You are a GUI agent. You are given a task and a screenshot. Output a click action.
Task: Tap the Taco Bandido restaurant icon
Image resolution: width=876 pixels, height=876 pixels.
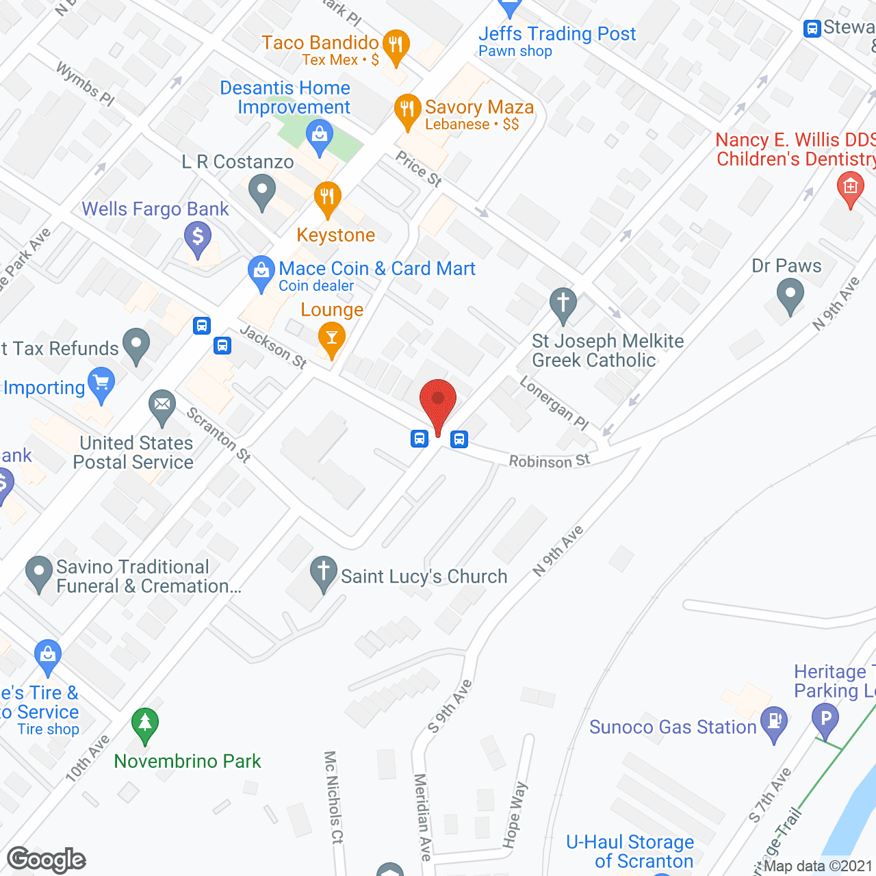(396, 46)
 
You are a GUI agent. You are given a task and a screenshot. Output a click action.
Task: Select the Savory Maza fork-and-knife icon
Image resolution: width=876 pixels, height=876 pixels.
(407, 110)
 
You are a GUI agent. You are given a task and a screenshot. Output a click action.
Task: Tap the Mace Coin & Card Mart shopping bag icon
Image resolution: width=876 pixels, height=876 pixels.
(261, 272)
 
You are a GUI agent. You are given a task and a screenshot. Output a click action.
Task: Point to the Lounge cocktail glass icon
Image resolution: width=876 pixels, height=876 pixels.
(332, 339)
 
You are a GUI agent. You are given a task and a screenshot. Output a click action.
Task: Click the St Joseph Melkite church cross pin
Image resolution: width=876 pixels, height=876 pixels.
(563, 304)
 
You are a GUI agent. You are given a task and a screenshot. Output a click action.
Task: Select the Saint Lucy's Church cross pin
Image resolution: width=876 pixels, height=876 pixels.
(323, 573)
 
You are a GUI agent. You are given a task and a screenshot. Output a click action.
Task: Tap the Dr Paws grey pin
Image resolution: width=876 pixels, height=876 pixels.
(790, 296)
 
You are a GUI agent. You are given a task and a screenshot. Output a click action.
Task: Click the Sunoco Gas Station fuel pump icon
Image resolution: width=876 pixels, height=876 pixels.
(775, 723)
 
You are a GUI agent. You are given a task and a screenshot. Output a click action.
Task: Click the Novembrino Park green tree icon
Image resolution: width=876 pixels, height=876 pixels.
(145, 724)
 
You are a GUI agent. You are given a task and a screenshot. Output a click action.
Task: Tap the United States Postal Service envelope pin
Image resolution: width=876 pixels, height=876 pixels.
(162, 407)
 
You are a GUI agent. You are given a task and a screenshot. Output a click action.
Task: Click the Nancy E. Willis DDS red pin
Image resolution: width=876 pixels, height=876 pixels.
(850, 188)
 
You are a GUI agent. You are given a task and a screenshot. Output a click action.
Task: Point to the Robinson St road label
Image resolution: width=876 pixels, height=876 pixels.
(549, 461)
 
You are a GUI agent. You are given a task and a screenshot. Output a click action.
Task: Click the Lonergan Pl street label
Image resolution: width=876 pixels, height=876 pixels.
(554, 404)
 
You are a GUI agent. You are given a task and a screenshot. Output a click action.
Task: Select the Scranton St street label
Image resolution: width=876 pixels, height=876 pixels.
(219, 435)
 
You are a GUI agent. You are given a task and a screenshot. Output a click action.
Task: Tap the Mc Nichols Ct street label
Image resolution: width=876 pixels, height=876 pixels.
(333, 797)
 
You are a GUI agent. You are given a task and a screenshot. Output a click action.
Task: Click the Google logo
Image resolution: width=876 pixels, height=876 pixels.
(47, 860)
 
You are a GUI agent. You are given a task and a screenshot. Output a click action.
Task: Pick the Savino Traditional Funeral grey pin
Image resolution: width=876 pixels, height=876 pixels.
(38, 573)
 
